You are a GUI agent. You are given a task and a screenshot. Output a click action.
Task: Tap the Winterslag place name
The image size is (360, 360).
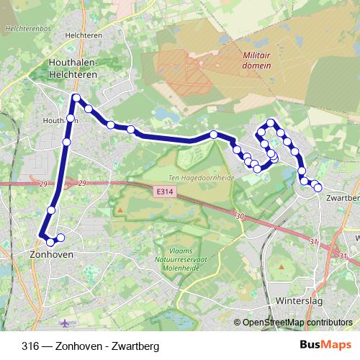pyautogui.click(x=296, y=302)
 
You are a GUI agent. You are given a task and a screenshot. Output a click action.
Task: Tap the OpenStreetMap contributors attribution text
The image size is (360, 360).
pyautogui.click(x=297, y=323)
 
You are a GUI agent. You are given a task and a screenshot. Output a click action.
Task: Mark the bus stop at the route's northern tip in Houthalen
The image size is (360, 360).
pyautogui.click(x=76, y=97)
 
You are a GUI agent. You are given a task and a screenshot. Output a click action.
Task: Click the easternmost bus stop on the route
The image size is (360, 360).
pyautogui.click(x=318, y=188)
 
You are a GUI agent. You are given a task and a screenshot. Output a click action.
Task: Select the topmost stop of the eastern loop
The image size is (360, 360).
pyautogui.click(x=271, y=122)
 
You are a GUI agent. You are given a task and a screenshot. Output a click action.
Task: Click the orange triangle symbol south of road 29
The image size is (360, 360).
pyautogui.click(x=121, y=210)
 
